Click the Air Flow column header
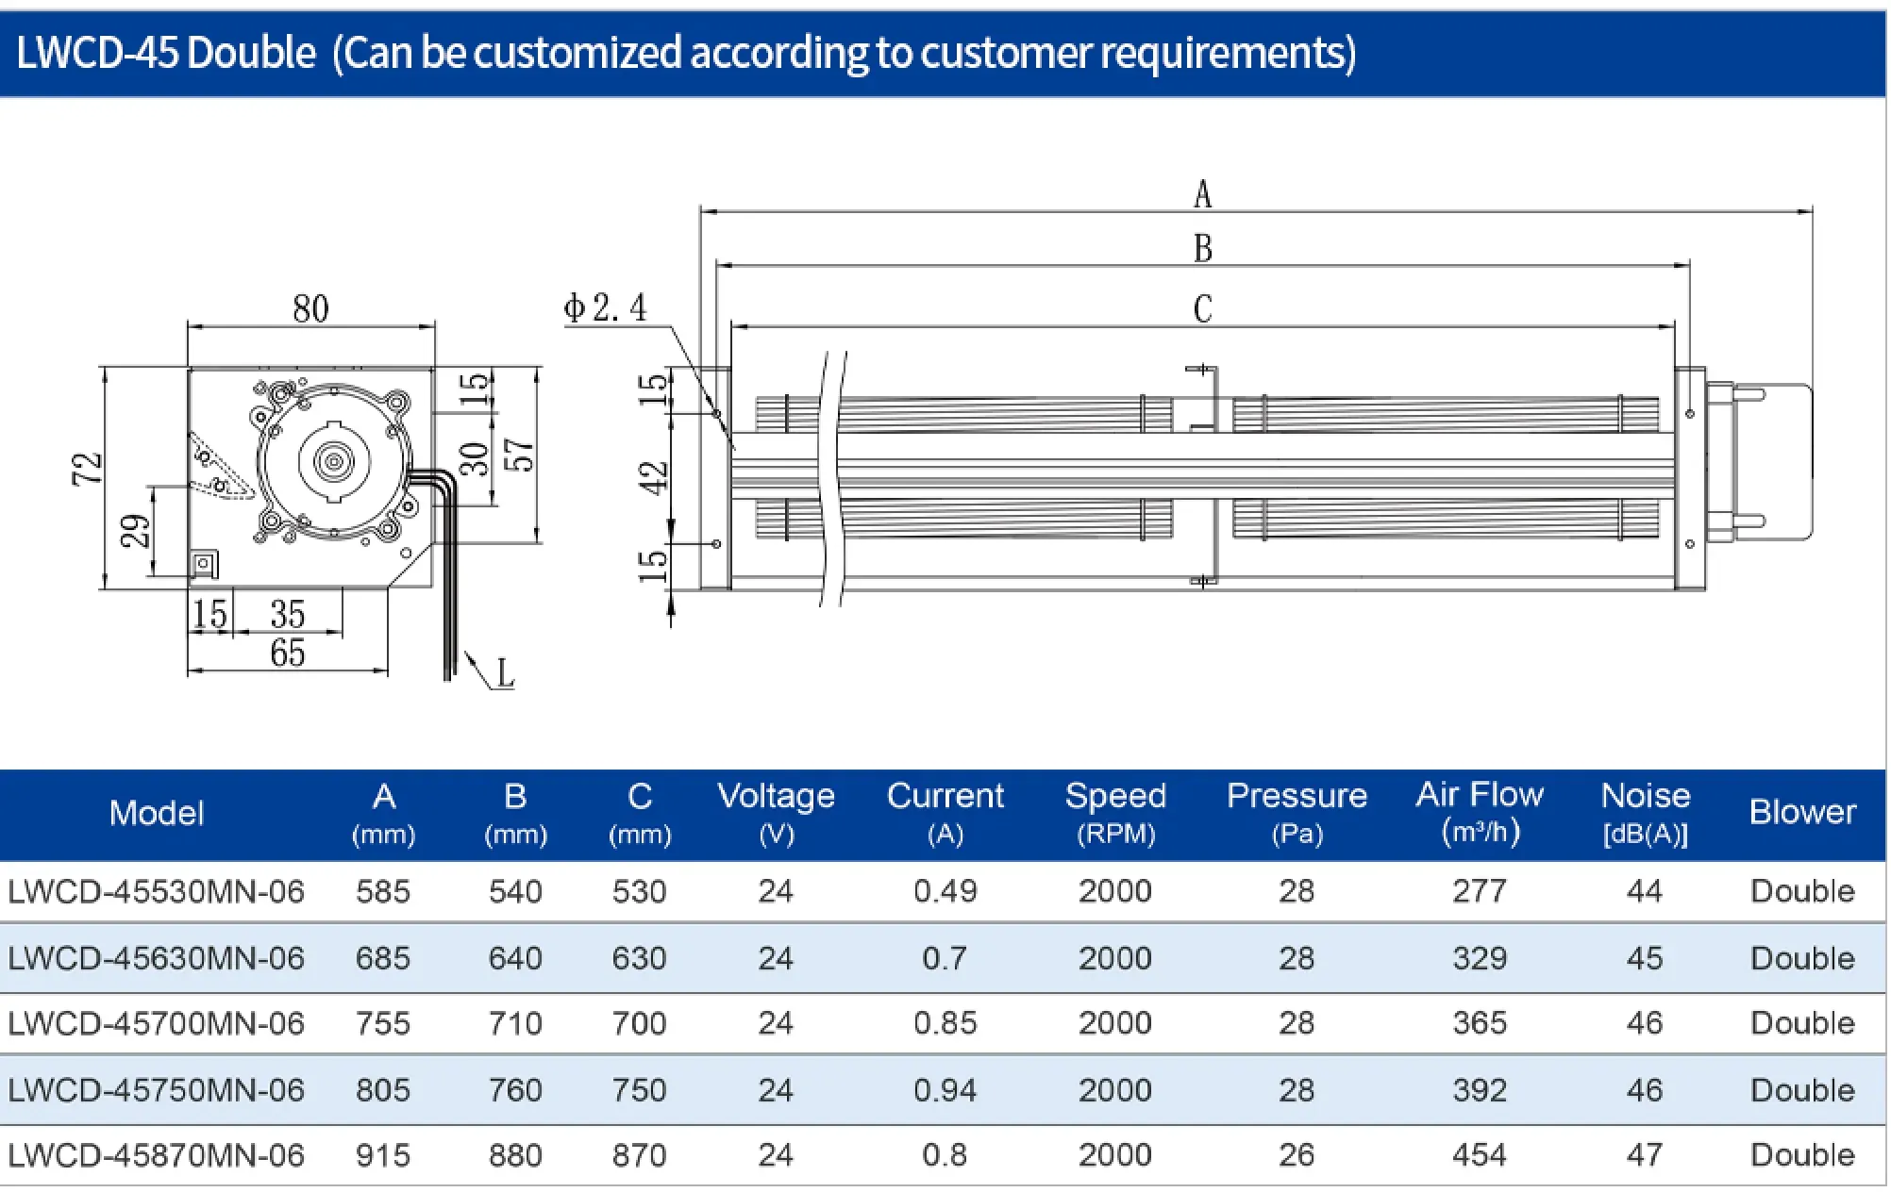click(1480, 813)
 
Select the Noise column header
click(1645, 813)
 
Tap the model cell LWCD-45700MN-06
click(157, 1023)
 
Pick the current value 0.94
click(945, 1090)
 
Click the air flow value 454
click(1480, 1155)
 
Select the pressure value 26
click(1297, 1155)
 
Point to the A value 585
click(383, 891)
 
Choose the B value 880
click(515, 1155)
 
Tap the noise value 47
click(1644, 1155)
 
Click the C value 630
click(639, 958)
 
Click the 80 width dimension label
click(310, 308)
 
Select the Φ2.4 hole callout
click(605, 307)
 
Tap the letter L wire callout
click(505, 673)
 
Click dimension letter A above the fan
click(1202, 194)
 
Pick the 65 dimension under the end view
click(288, 653)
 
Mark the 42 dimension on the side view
click(654, 477)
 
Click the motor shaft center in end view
click(334, 460)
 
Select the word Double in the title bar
click(251, 52)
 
